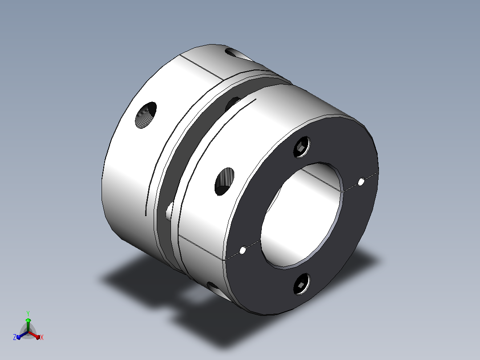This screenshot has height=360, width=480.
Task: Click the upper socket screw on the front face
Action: coord(301,147)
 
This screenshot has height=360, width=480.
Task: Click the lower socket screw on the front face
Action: coord(301,284)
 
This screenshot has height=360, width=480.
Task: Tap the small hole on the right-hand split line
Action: coord(361,182)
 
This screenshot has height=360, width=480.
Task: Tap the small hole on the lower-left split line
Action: coord(243,250)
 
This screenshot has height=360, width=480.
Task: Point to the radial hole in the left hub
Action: coord(146,115)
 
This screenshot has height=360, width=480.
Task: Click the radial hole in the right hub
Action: coord(224,182)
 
